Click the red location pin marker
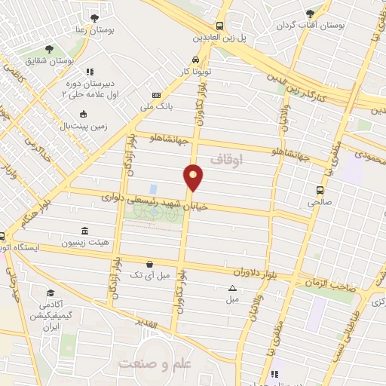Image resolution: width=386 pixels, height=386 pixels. click(x=194, y=177)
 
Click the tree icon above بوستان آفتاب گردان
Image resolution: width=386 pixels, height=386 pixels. click(x=310, y=14)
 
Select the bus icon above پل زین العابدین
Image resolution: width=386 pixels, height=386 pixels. click(x=219, y=24)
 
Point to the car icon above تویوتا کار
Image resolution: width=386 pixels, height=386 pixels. click(x=195, y=60)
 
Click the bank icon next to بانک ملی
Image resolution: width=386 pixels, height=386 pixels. click(x=156, y=96)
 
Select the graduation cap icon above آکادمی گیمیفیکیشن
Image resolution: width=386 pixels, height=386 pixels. click(x=50, y=293)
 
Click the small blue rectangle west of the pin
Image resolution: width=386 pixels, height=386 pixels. click(x=153, y=188)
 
